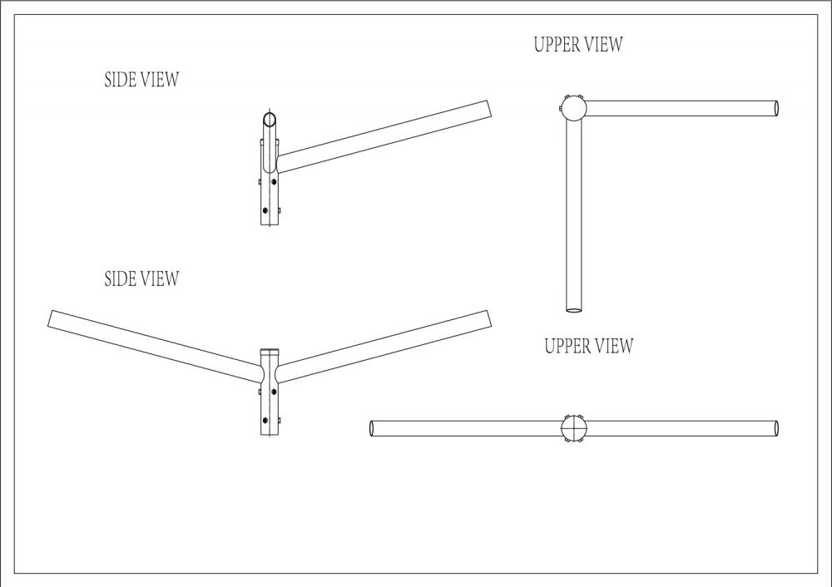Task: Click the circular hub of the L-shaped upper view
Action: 573,109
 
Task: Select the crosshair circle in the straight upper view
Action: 575,428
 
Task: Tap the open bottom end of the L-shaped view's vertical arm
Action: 574,309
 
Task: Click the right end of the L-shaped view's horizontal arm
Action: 776,108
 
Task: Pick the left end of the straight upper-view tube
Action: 372,428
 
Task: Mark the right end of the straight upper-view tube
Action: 776,428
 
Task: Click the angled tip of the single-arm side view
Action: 490,108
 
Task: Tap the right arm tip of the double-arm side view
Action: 488,318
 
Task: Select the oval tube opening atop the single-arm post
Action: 270,119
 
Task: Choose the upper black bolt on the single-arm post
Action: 274,182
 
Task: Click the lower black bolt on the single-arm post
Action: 265,210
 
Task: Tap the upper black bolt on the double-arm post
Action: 274,392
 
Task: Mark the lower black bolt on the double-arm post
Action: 265,420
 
